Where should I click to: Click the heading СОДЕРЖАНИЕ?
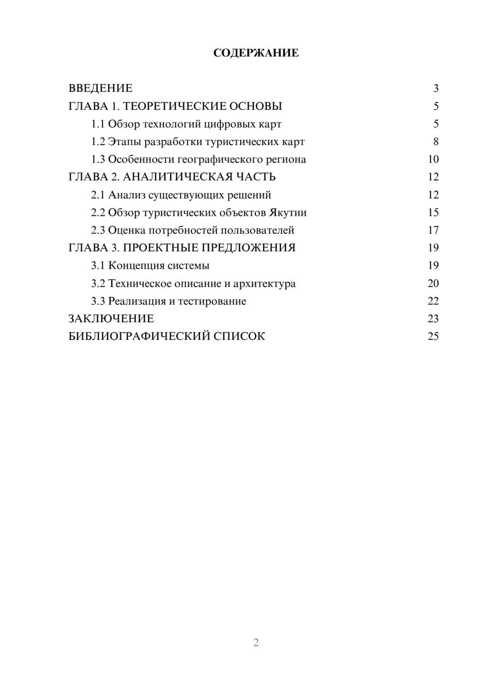(256, 53)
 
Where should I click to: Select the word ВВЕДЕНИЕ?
(100, 88)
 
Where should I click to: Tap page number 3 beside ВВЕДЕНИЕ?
(435, 88)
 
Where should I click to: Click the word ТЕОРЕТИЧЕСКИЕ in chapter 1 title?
(174, 106)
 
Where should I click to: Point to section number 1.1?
(98, 124)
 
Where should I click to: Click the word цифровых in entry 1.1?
(229, 124)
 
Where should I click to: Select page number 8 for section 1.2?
(435, 142)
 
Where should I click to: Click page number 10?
(433, 159)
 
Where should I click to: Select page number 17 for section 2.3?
(433, 230)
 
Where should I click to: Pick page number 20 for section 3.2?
(433, 284)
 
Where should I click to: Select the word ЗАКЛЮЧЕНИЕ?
(111, 319)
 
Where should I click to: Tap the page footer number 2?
(256, 643)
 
